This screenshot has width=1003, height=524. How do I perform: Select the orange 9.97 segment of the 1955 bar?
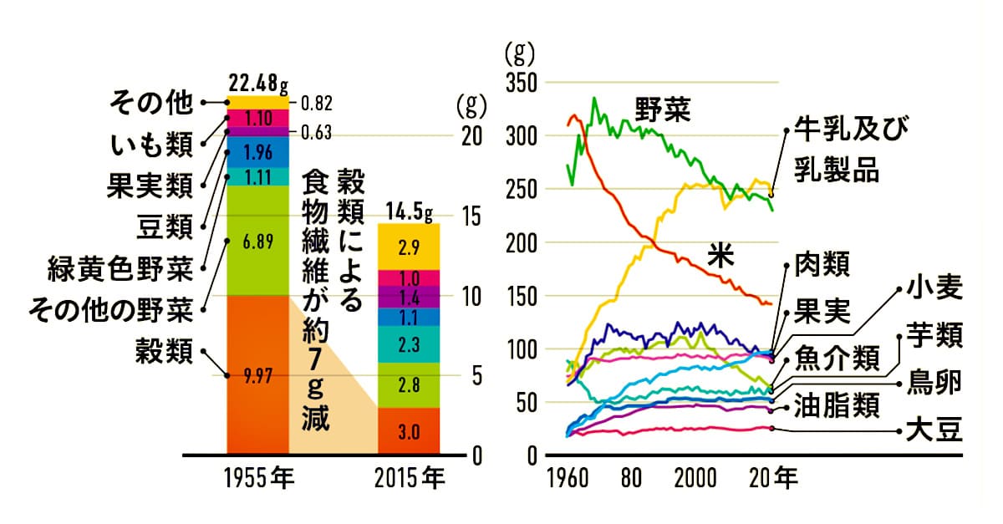coord(257,376)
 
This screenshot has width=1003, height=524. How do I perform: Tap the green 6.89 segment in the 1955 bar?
coord(257,241)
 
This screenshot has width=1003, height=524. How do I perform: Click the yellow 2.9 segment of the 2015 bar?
coord(410,247)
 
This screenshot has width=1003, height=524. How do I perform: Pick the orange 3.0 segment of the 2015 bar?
coord(410,432)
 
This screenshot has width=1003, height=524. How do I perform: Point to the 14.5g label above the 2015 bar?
coord(410,212)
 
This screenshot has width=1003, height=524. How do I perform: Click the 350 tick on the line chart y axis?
coord(518,82)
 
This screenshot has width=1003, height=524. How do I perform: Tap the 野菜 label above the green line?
coord(662,109)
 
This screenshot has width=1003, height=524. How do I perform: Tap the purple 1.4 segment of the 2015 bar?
coord(410,298)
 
